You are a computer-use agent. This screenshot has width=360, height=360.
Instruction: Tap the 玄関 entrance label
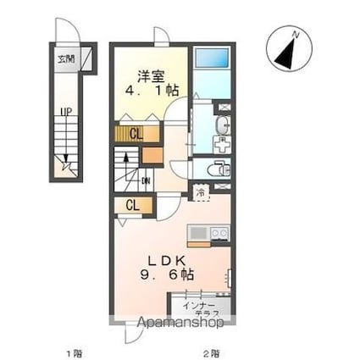pos(65,58)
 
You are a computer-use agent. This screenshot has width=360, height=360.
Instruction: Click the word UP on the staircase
pos(64,110)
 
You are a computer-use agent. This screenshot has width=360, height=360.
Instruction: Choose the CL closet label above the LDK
pos(133,204)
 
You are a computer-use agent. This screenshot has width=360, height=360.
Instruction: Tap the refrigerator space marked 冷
pos(201,192)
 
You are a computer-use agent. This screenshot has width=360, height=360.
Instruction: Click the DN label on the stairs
pos(147,179)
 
